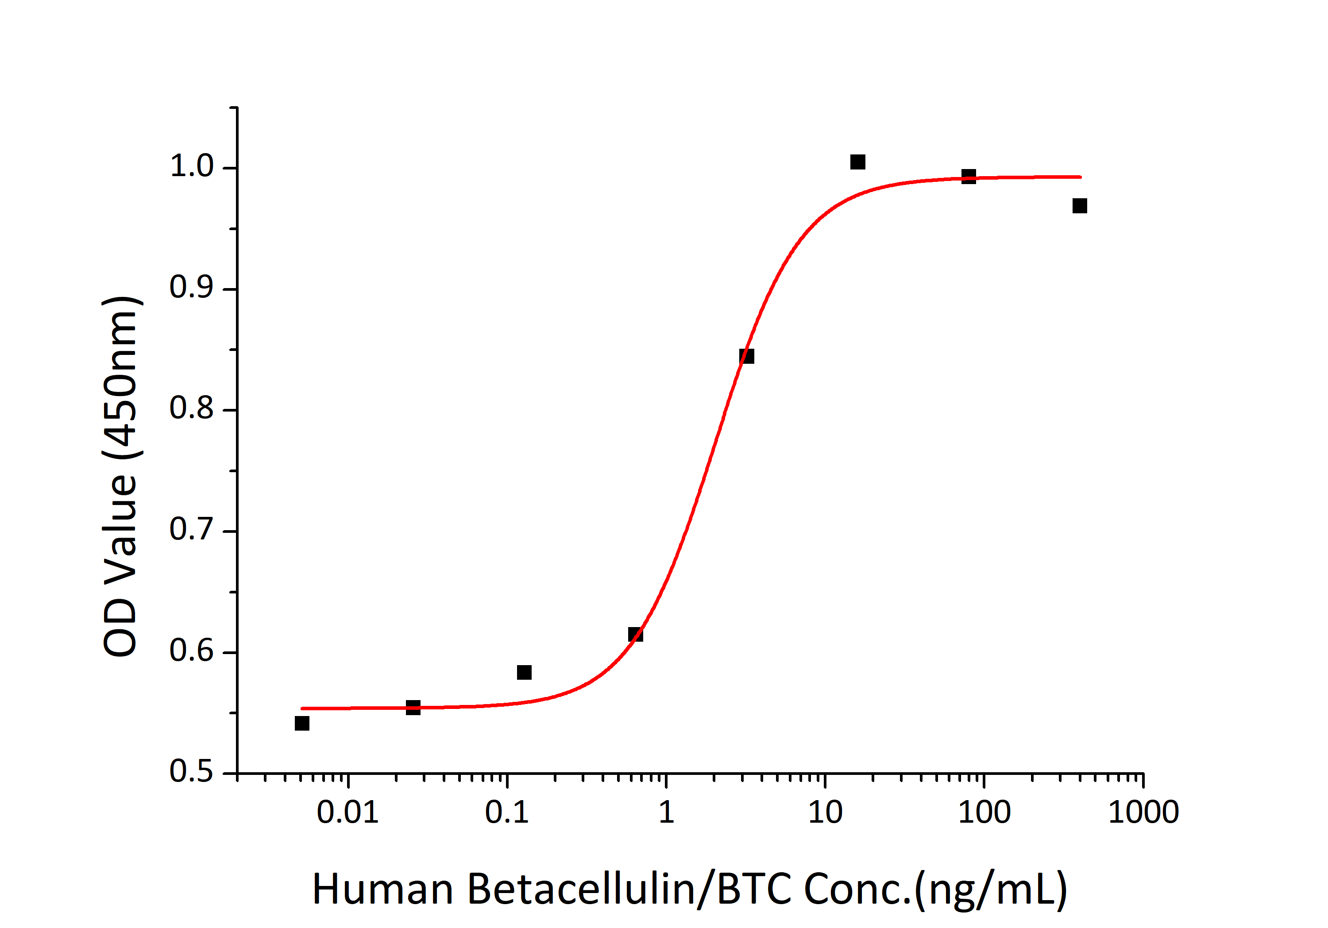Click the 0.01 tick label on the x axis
coord(347,812)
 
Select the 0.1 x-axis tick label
coord(507,812)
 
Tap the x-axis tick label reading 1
coord(666,812)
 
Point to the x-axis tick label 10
coord(825,812)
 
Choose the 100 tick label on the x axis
coord(984,812)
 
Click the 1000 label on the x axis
coord(1143,812)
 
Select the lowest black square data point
coord(302,723)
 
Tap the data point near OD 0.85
coord(747,356)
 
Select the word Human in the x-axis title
coord(382,889)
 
